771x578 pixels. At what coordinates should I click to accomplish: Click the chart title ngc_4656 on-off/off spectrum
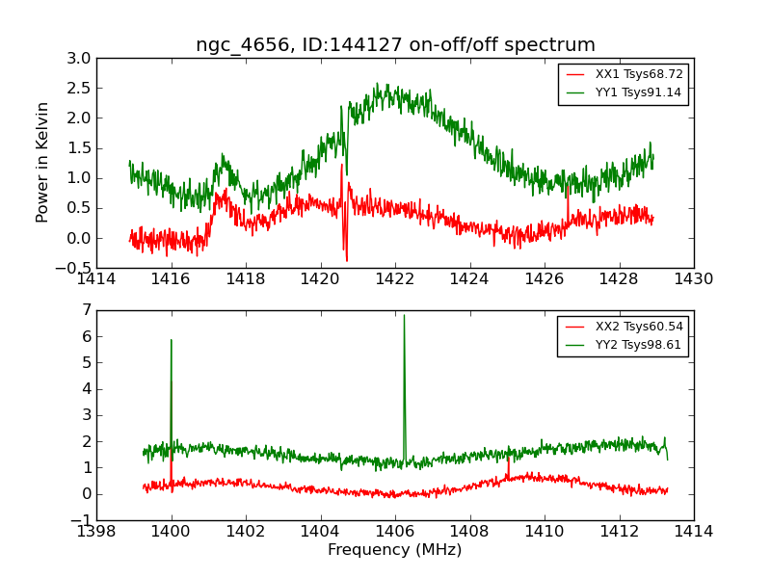395,45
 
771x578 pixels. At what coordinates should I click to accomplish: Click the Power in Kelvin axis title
42,162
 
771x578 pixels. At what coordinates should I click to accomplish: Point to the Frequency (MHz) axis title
395,550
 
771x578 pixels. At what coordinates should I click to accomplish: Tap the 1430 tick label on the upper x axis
694,279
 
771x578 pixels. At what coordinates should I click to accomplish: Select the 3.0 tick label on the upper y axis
80,59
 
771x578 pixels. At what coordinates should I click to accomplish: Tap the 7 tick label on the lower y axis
87,310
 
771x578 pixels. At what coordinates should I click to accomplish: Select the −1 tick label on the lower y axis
81,520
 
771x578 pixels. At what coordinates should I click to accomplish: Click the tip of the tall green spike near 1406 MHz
404,316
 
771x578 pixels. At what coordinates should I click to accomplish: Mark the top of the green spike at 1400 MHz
172,340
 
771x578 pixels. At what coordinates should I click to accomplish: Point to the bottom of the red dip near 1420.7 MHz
347,260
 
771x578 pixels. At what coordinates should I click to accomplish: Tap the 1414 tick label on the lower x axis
694,532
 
